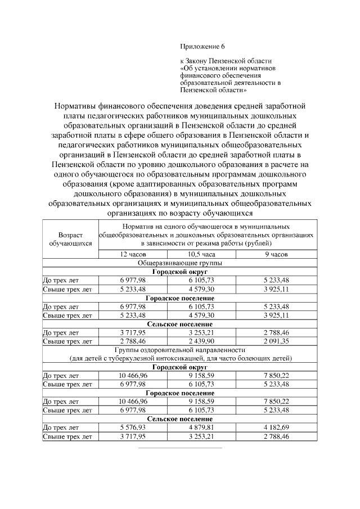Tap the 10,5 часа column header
point(201,255)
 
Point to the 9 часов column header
point(276,255)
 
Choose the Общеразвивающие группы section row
point(179,263)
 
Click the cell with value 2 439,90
point(201,341)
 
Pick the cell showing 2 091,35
point(276,341)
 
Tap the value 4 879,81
point(201,427)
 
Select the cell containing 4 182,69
point(276,427)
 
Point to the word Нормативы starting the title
point(78,105)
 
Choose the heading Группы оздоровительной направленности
point(179,349)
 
